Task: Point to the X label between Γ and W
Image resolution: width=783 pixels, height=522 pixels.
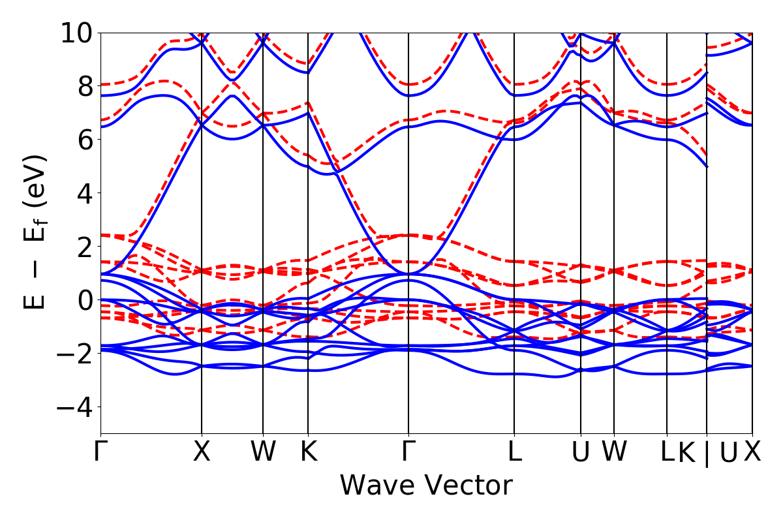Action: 202,452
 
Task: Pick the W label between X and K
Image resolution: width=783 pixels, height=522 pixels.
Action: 263,452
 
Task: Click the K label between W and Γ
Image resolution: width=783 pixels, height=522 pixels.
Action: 308,452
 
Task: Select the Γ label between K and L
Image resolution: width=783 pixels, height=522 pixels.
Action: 408,452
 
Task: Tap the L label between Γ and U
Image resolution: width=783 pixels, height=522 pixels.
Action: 515,452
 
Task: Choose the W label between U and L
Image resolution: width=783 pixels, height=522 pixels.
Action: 614,452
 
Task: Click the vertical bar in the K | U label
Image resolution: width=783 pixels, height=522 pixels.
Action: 707,453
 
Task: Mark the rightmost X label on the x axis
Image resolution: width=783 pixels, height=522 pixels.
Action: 752,452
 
